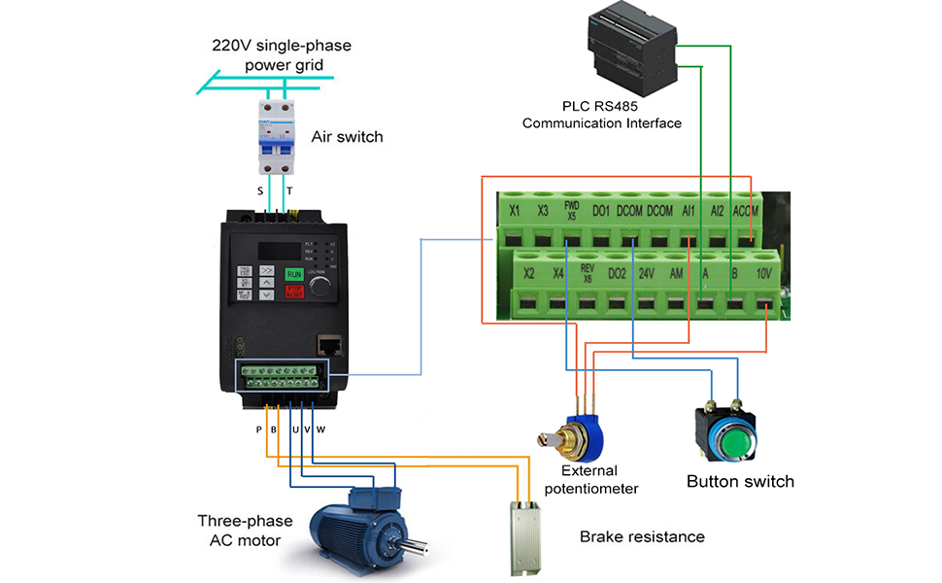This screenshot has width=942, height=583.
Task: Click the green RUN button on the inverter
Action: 294,275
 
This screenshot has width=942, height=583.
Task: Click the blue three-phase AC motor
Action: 359,529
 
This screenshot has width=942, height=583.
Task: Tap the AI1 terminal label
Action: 690,210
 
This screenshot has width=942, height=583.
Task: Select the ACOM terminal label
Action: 748,210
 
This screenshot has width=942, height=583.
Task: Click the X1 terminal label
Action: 515,210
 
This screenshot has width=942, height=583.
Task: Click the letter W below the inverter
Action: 320,429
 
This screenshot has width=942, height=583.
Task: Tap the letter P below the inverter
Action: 258,429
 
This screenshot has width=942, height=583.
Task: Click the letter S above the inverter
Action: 260,192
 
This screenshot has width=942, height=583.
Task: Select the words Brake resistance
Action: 642,536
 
